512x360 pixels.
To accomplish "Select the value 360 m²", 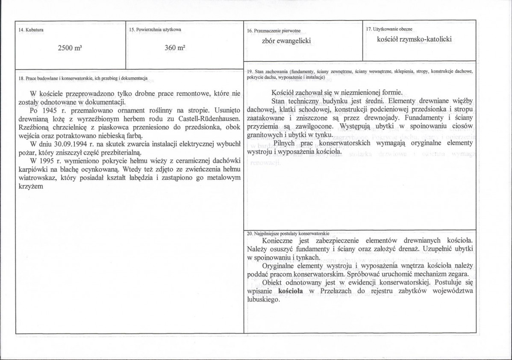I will (x=174, y=48).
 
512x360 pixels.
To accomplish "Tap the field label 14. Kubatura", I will (x=31, y=30).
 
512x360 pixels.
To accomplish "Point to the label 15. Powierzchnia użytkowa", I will (x=155, y=30).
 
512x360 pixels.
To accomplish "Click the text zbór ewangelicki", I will (x=286, y=41).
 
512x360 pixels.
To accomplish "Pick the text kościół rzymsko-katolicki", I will (x=414, y=39).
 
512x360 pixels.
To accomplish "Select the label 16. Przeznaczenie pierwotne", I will (x=274, y=31).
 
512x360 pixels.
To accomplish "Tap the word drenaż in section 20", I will (x=421, y=249).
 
